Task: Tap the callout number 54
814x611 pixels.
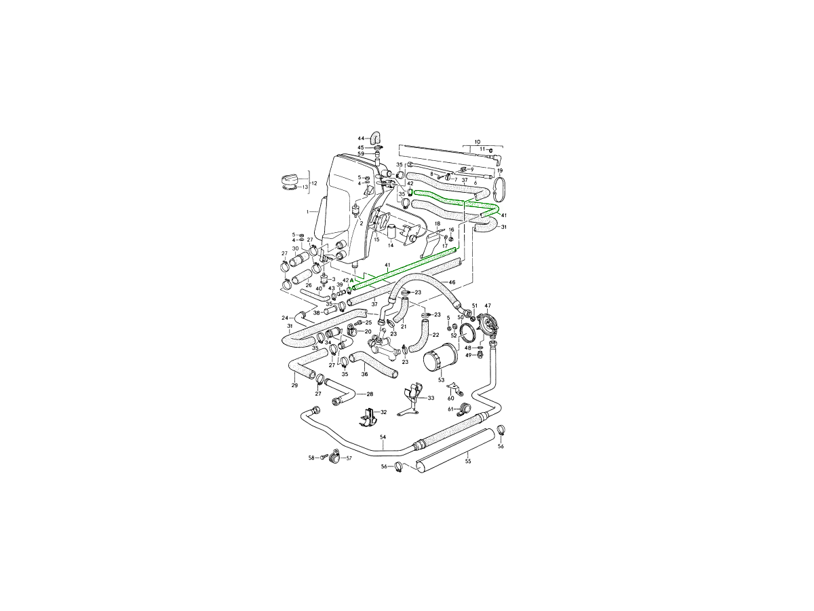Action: pos(383,437)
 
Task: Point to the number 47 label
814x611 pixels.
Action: pos(488,305)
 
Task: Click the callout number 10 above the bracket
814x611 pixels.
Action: pos(478,142)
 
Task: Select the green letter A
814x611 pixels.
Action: pos(351,280)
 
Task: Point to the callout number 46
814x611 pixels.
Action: pos(452,282)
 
